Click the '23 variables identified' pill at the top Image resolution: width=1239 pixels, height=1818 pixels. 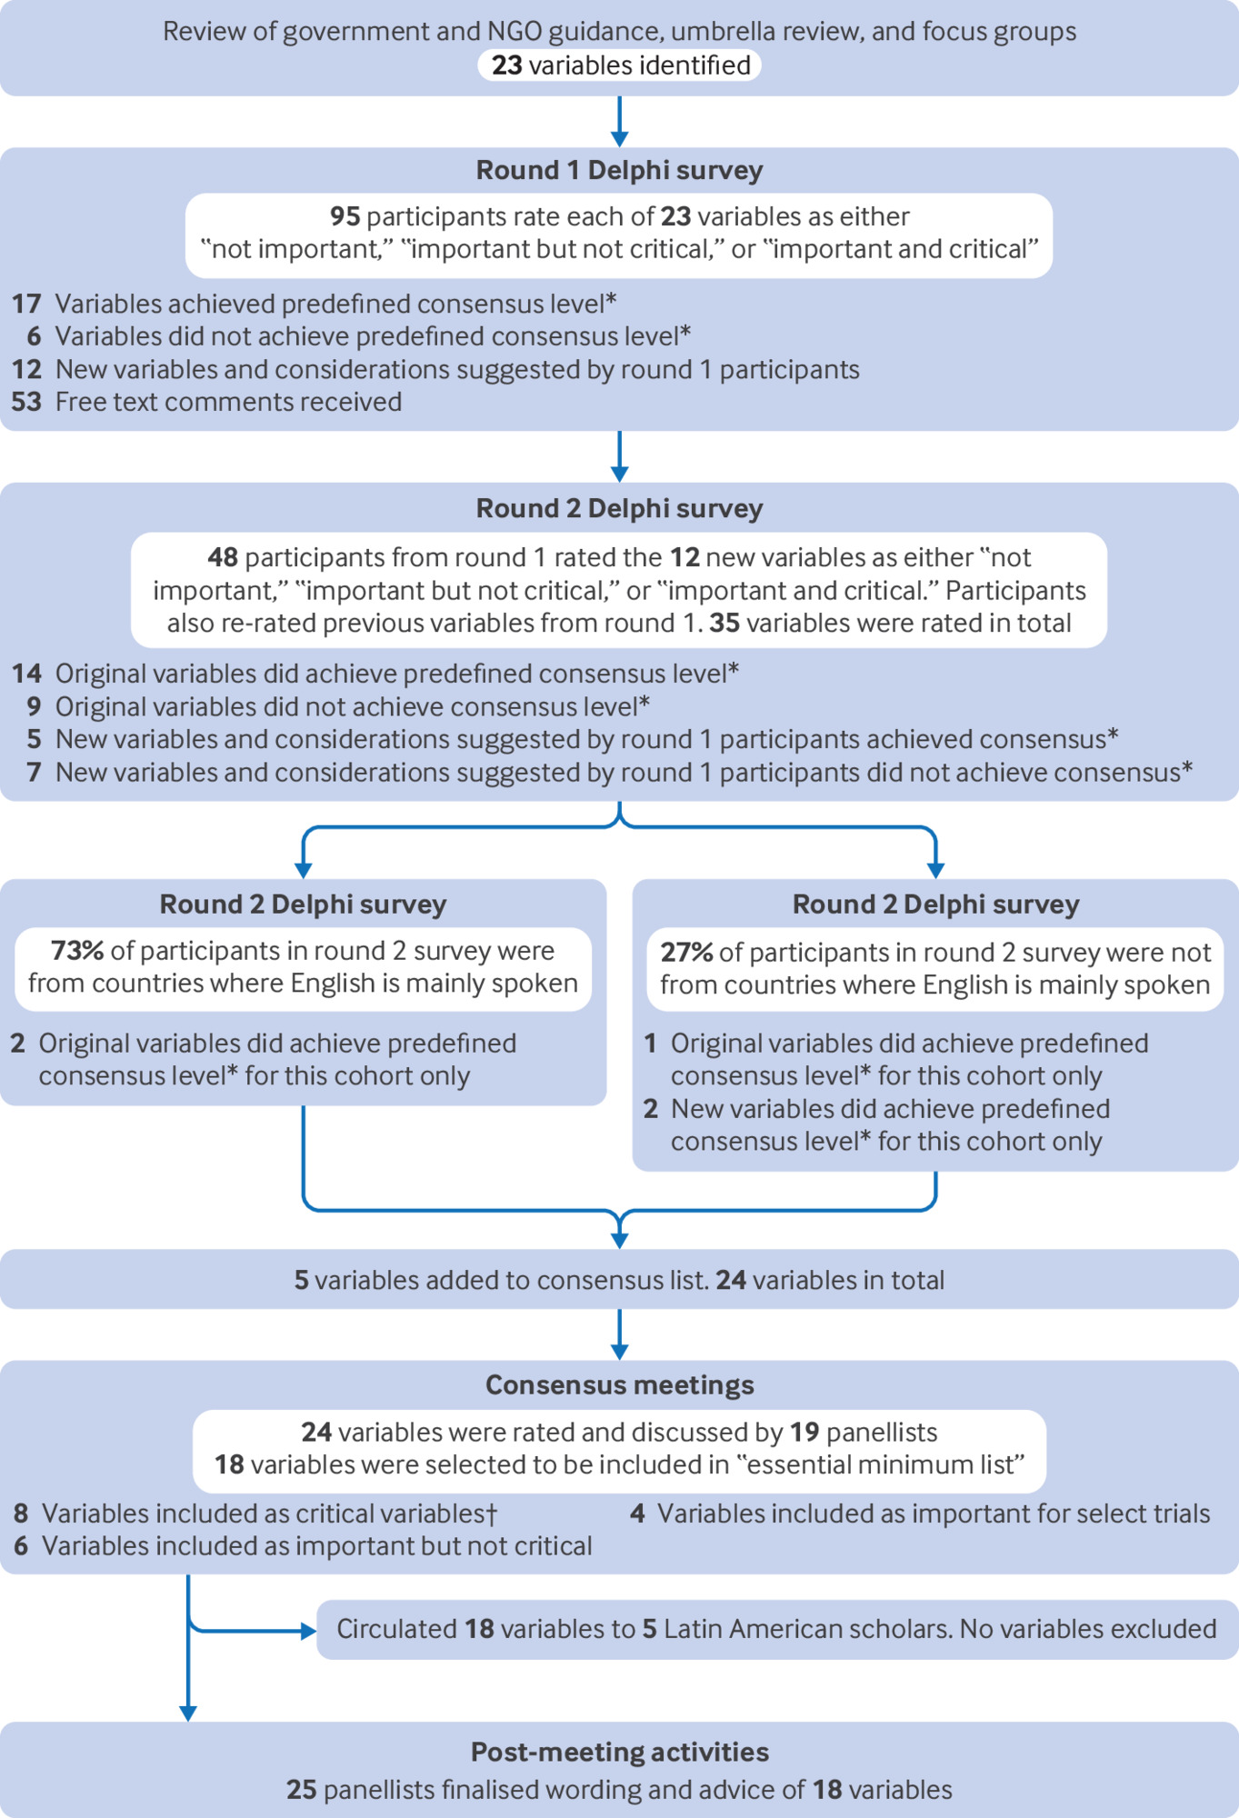coord(620,65)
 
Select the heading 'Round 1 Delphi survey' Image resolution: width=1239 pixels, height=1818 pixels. coord(620,170)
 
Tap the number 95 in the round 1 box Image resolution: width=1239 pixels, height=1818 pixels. coord(345,216)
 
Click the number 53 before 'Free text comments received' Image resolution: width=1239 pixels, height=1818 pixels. coord(26,402)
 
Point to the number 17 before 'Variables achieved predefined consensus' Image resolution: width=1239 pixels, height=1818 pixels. coord(26,304)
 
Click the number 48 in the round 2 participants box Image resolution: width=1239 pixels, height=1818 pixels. coord(223,557)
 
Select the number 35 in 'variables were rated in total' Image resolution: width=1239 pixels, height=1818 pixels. coord(724,623)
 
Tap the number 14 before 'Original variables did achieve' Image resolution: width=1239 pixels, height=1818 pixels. coord(26,674)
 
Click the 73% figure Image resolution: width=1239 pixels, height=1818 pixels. coord(77,951)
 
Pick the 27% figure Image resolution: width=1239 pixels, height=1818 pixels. coord(686,953)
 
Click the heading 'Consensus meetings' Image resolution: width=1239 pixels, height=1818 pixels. coord(620,1384)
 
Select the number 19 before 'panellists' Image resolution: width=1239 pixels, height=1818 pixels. coord(804,1432)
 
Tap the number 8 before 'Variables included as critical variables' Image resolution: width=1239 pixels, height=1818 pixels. coord(21,1513)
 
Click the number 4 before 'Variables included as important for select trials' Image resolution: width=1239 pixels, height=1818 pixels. coord(638,1513)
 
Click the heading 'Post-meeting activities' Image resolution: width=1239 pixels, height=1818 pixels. coord(620,1752)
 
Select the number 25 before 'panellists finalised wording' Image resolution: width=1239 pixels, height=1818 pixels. coord(302,1790)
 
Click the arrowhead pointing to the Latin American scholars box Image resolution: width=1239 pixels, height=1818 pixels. coord(309,1631)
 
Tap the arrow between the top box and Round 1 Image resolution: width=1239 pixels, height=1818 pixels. coord(620,121)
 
